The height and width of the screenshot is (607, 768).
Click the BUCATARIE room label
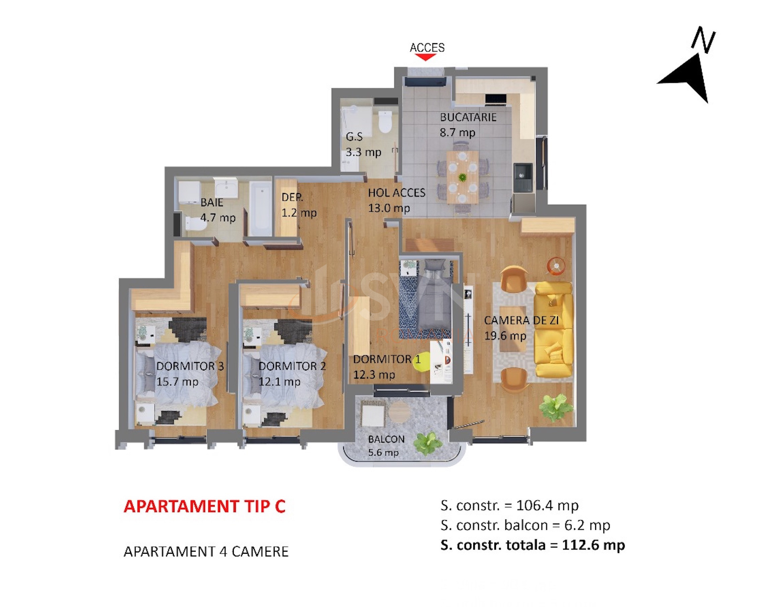468,117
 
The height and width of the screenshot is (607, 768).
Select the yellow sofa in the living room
553,329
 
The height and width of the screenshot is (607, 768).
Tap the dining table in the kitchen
462,177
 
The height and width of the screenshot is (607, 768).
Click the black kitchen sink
523,177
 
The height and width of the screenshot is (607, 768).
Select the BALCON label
386,439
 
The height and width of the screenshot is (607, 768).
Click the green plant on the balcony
429,443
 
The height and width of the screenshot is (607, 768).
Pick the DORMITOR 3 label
190,366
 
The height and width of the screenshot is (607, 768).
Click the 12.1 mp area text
279,382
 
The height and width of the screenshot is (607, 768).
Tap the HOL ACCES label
397,193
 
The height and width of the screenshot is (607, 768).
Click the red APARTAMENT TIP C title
205,506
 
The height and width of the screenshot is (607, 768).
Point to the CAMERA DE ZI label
521,320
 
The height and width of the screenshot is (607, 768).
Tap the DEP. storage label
292,197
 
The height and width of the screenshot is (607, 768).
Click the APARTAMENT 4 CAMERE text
206,552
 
